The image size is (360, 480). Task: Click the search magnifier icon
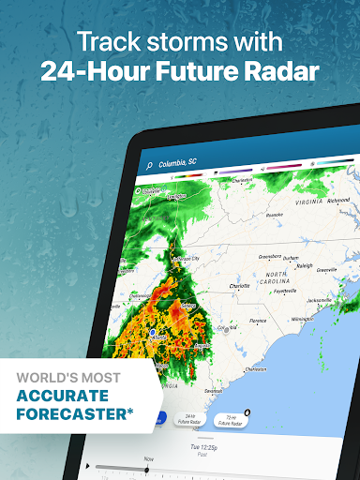(x=149, y=165)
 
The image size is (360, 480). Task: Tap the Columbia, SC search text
(x=178, y=164)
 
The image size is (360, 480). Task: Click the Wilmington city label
(x=302, y=320)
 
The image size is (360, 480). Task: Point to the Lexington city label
(x=173, y=197)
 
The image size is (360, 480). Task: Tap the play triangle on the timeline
(x=87, y=465)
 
